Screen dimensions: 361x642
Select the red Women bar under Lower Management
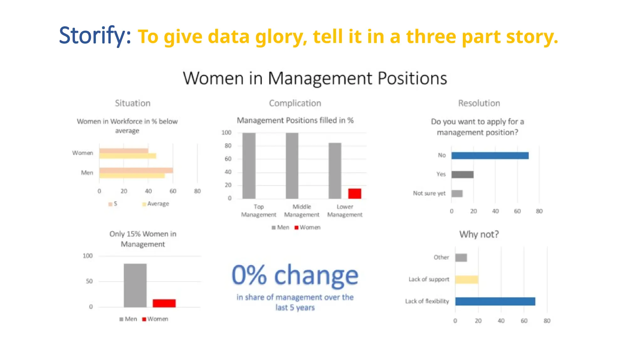click(355, 193)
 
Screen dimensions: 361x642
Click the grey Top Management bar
click(249, 165)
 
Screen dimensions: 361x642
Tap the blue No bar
click(490, 155)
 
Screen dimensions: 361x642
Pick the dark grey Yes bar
click(462, 175)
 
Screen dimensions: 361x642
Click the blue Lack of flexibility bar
click(495, 301)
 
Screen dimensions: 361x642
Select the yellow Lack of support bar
click(467, 280)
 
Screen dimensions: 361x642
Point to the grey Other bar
click(461, 258)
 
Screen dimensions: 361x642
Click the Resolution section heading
click(479, 103)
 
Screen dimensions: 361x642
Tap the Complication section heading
click(295, 103)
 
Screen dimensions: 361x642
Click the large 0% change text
click(295, 275)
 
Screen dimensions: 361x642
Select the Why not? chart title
click(479, 234)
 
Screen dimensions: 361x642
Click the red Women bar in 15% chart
click(164, 303)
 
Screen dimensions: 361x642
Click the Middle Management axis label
click(302, 211)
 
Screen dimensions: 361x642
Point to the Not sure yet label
click(429, 193)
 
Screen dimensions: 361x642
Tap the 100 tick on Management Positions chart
click(226, 133)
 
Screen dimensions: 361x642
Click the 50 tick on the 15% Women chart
click(89, 281)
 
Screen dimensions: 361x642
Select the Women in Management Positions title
click(315, 78)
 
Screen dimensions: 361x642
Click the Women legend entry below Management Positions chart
click(308, 228)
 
